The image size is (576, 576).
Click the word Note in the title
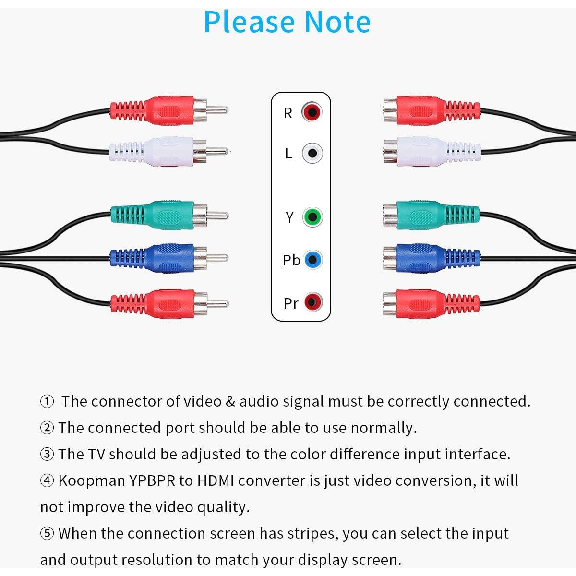337,22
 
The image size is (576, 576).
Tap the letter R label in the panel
288,113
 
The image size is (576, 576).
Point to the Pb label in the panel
291,260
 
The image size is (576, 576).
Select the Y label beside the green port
289,217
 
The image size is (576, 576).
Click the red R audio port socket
312,112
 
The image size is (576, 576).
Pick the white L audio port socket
312,153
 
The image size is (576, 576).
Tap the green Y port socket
312,217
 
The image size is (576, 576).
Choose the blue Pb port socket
312,260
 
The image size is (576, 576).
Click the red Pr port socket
312,302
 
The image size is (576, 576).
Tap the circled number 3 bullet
47,454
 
